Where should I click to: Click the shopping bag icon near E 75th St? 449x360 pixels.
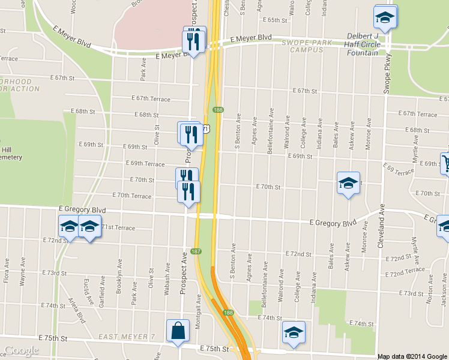pos(178,331)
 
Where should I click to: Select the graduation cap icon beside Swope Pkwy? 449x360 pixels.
pos(385,17)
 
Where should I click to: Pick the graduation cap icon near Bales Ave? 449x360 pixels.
pos(348,184)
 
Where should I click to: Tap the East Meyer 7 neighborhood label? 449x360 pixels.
pos(128,337)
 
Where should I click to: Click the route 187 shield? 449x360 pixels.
pos(196,251)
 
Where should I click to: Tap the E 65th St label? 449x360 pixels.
pos(276,20)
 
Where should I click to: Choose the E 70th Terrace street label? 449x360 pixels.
pos(132,196)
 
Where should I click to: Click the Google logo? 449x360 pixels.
pos(22,351)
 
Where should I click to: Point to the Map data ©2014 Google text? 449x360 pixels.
pos(412,356)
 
